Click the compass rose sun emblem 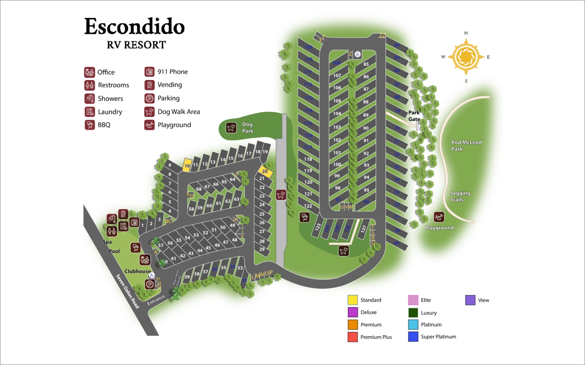pyautogui.click(x=465, y=57)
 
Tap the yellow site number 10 pyautogui.click(x=187, y=166)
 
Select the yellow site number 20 pyautogui.click(x=265, y=171)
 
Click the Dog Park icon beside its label pyautogui.click(x=231, y=128)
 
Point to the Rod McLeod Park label pyautogui.click(x=466, y=145)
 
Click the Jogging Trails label pyautogui.click(x=460, y=196)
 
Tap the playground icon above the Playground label pyautogui.click(x=439, y=217)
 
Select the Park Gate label pyautogui.click(x=414, y=116)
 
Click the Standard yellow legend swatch pyautogui.click(x=352, y=300)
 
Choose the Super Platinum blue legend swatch pyautogui.click(x=413, y=337)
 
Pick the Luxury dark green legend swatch pyautogui.click(x=413, y=313)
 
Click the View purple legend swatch pyautogui.click(x=470, y=300)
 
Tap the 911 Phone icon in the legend pyautogui.click(x=149, y=72)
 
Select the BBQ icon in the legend pyautogui.click(x=90, y=125)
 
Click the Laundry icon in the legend pyautogui.click(x=90, y=112)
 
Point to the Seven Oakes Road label pyautogui.click(x=128, y=291)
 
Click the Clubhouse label pyautogui.click(x=137, y=271)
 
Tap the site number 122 pyautogui.click(x=308, y=206)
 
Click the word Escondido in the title pyautogui.click(x=135, y=27)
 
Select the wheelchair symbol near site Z pyautogui.click(x=358, y=54)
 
